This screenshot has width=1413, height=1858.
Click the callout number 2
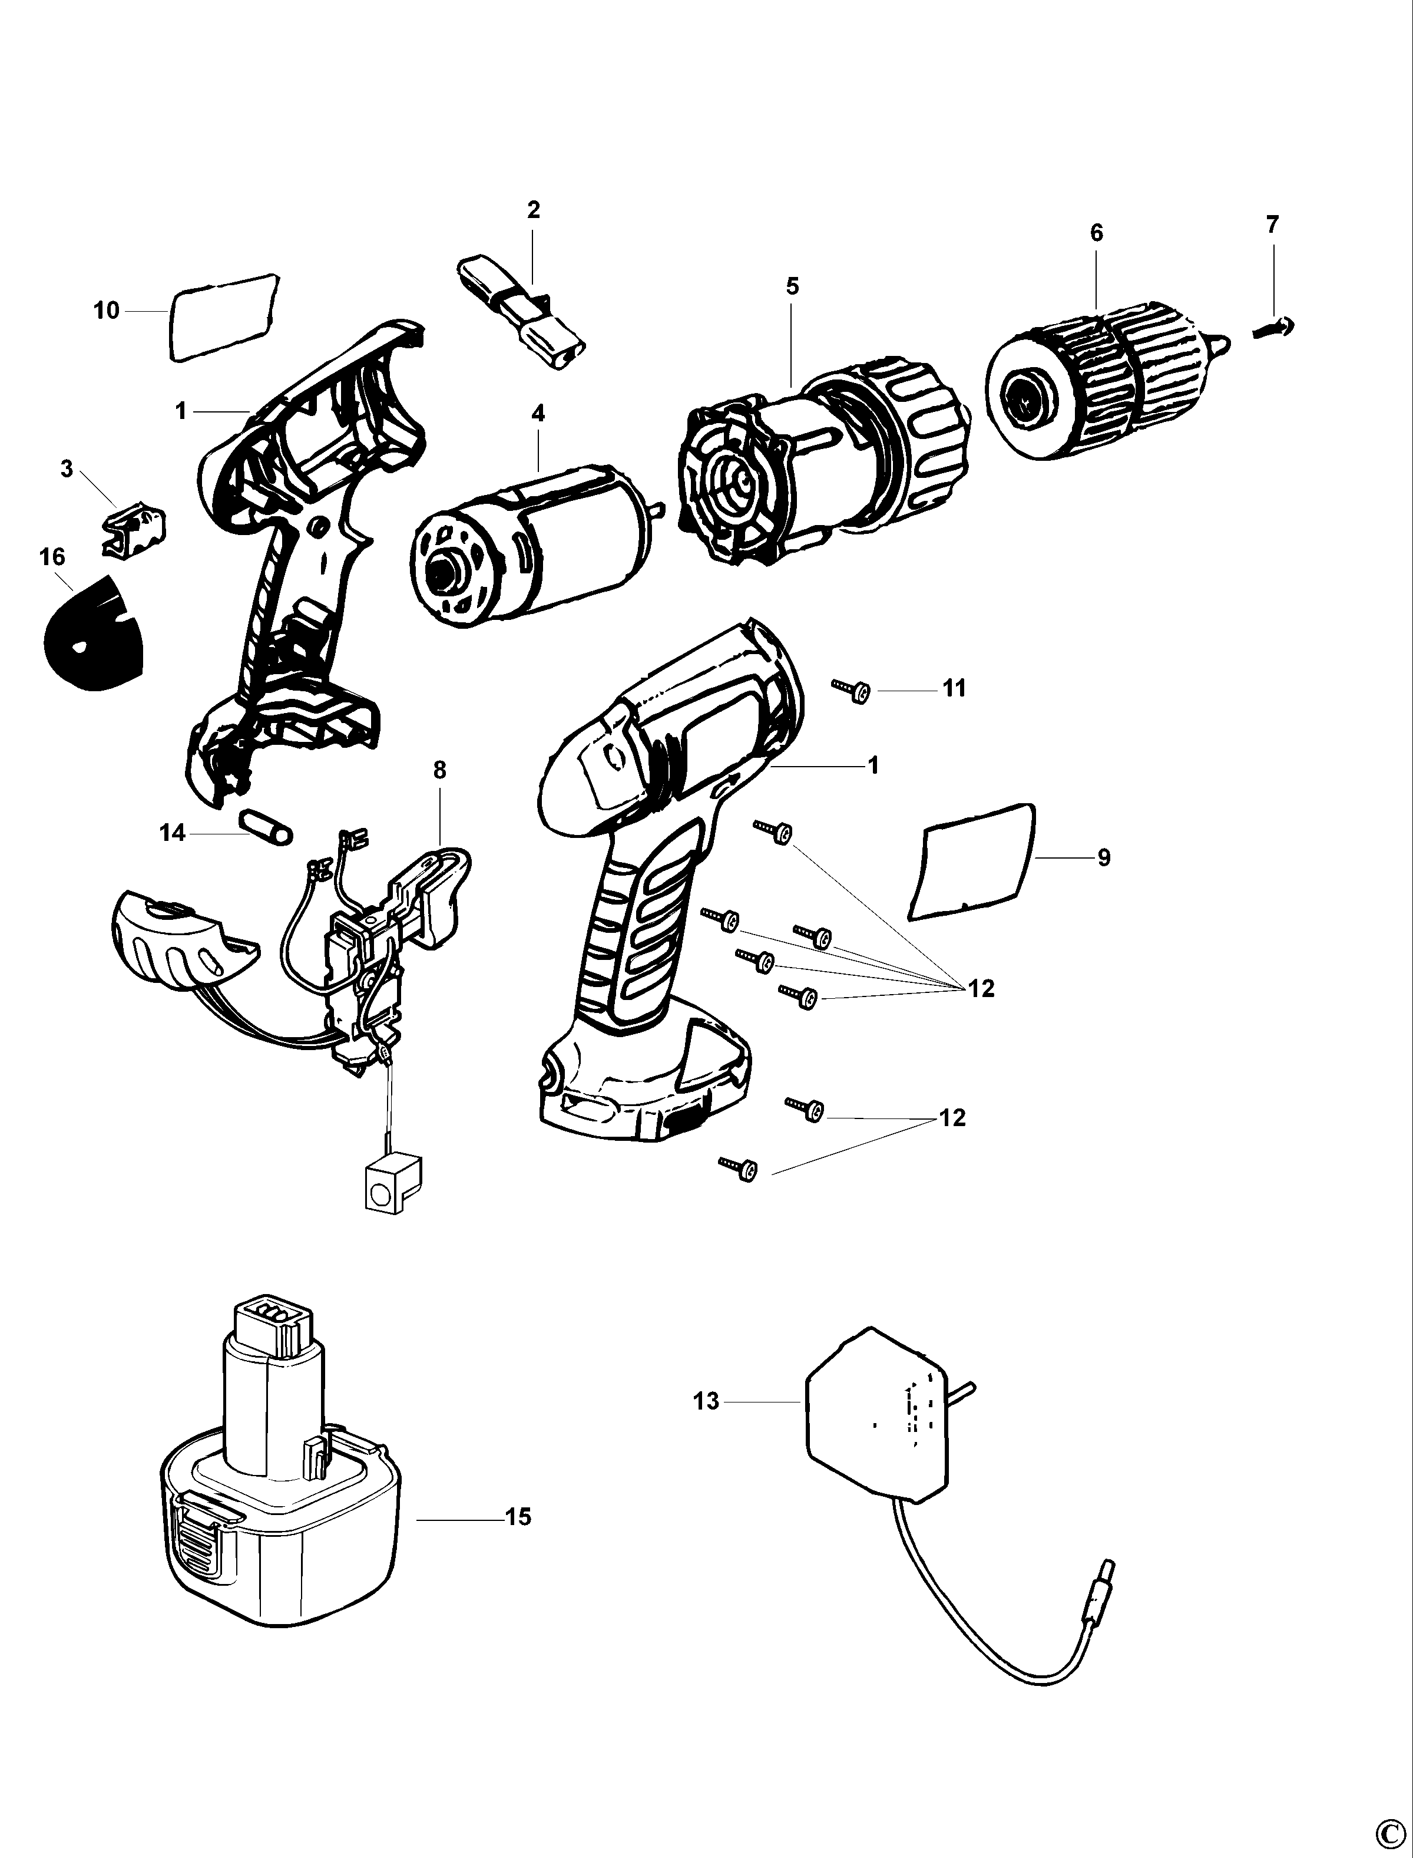point(533,210)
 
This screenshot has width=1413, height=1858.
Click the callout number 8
point(439,770)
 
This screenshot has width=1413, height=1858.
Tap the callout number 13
point(706,1401)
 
